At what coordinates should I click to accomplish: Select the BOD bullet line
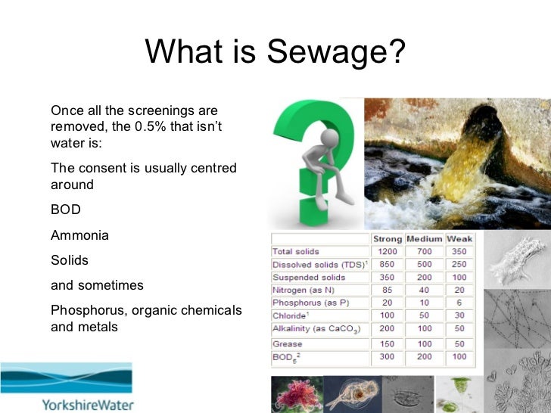[66, 210]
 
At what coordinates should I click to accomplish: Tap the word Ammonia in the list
[79, 235]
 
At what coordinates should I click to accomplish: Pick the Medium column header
[424, 239]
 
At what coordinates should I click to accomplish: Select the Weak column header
[459, 239]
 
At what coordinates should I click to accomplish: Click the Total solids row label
[296, 251]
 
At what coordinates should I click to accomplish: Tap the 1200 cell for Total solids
[387, 251]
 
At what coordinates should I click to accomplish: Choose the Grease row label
[287, 344]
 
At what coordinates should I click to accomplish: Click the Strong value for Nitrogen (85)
[387, 290]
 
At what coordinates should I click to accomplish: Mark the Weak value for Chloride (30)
[459, 315]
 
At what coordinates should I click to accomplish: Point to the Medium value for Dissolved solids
[424, 265]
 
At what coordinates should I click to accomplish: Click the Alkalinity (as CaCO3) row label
[316, 329]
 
